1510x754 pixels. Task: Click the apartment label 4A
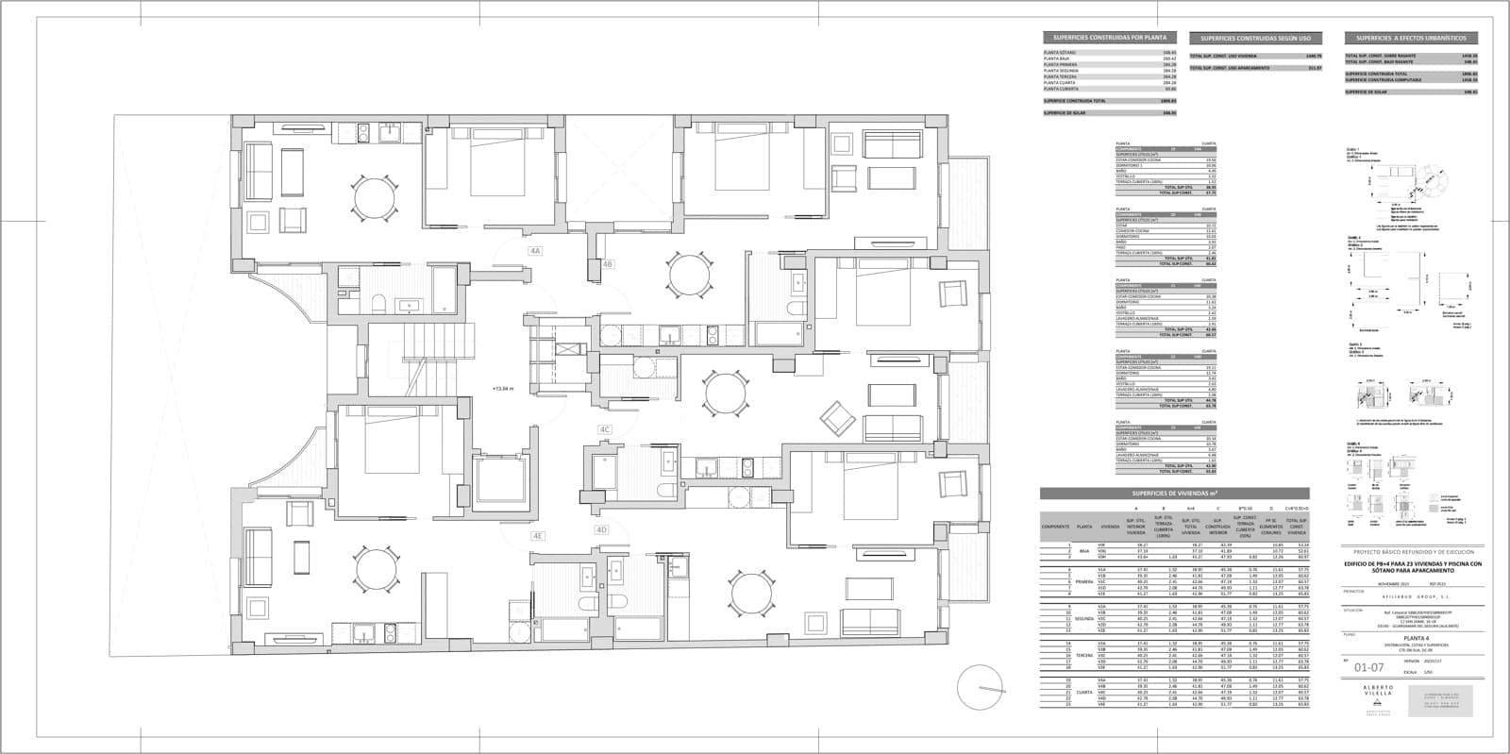pos(535,251)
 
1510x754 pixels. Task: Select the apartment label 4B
pos(609,264)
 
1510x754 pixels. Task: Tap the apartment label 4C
pos(606,429)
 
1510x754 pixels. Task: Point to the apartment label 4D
pos(601,529)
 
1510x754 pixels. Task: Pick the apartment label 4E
pos(538,535)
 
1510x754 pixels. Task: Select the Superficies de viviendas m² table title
pos(1174,494)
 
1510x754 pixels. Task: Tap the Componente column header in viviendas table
pos(1055,527)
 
